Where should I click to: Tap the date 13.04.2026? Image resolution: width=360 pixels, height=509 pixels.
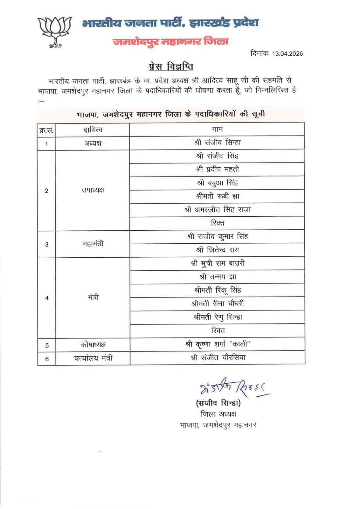point(287,53)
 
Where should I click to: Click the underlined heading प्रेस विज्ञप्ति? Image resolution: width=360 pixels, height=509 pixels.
point(171,66)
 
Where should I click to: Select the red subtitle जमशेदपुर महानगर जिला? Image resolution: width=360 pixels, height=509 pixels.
point(171,42)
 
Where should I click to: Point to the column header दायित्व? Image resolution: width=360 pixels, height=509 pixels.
point(93,130)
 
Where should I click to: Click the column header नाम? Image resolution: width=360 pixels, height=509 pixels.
point(217,129)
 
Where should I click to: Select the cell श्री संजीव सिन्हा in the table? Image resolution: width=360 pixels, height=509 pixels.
point(217,143)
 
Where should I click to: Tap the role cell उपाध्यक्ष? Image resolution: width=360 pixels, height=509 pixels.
point(93,190)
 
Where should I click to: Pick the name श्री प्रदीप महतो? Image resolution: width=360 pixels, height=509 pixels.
point(217,170)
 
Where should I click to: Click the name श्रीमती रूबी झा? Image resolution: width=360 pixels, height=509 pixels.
point(217,196)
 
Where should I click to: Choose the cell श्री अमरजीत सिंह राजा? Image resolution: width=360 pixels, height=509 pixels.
point(217,210)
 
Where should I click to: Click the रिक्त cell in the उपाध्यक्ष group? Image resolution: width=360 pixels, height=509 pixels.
point(217,223)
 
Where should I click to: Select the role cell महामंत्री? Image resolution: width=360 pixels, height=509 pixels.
point(93,244)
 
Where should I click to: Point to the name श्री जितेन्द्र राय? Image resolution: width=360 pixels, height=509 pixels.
point(217,250)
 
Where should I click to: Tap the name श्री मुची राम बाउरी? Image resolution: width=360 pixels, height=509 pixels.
point(217,263)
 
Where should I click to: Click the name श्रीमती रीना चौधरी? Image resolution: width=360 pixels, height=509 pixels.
point(217,303)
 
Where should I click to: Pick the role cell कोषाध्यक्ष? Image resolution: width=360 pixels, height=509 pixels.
point(93,345)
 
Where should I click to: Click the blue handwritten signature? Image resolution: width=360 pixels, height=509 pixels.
point(234,387)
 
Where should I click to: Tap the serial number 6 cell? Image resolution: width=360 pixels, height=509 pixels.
point(47,359)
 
